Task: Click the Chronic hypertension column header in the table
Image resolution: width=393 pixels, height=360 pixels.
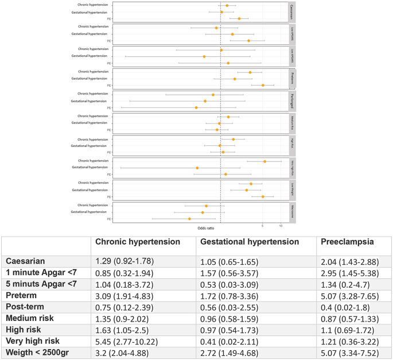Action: coord(137,242)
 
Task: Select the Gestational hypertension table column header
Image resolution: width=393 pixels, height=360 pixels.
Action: coord(249,242)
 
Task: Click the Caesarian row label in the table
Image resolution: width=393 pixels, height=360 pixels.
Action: coord(26,261)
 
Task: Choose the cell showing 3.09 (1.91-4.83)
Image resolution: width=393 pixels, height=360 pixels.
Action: coord(128,294)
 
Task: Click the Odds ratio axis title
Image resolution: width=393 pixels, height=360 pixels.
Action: coord(205,229)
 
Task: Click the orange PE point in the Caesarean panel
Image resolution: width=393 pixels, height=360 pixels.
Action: coord(239,19)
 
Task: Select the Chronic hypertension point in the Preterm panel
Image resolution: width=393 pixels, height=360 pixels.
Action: coord(250,72)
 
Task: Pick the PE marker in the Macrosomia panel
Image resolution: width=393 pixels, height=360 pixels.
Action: coord(189,219)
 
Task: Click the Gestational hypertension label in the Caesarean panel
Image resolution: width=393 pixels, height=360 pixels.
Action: coord(89,12)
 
